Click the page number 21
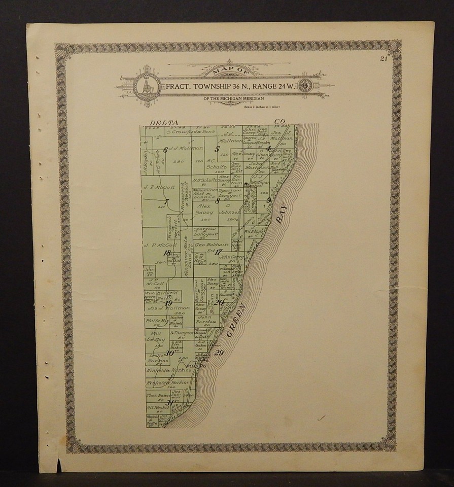[x=383, y=59]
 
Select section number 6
[x=166, y=149]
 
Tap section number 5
[x=217, y=149]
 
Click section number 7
[x=166, y=201]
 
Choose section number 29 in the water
[x=219, y=353]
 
